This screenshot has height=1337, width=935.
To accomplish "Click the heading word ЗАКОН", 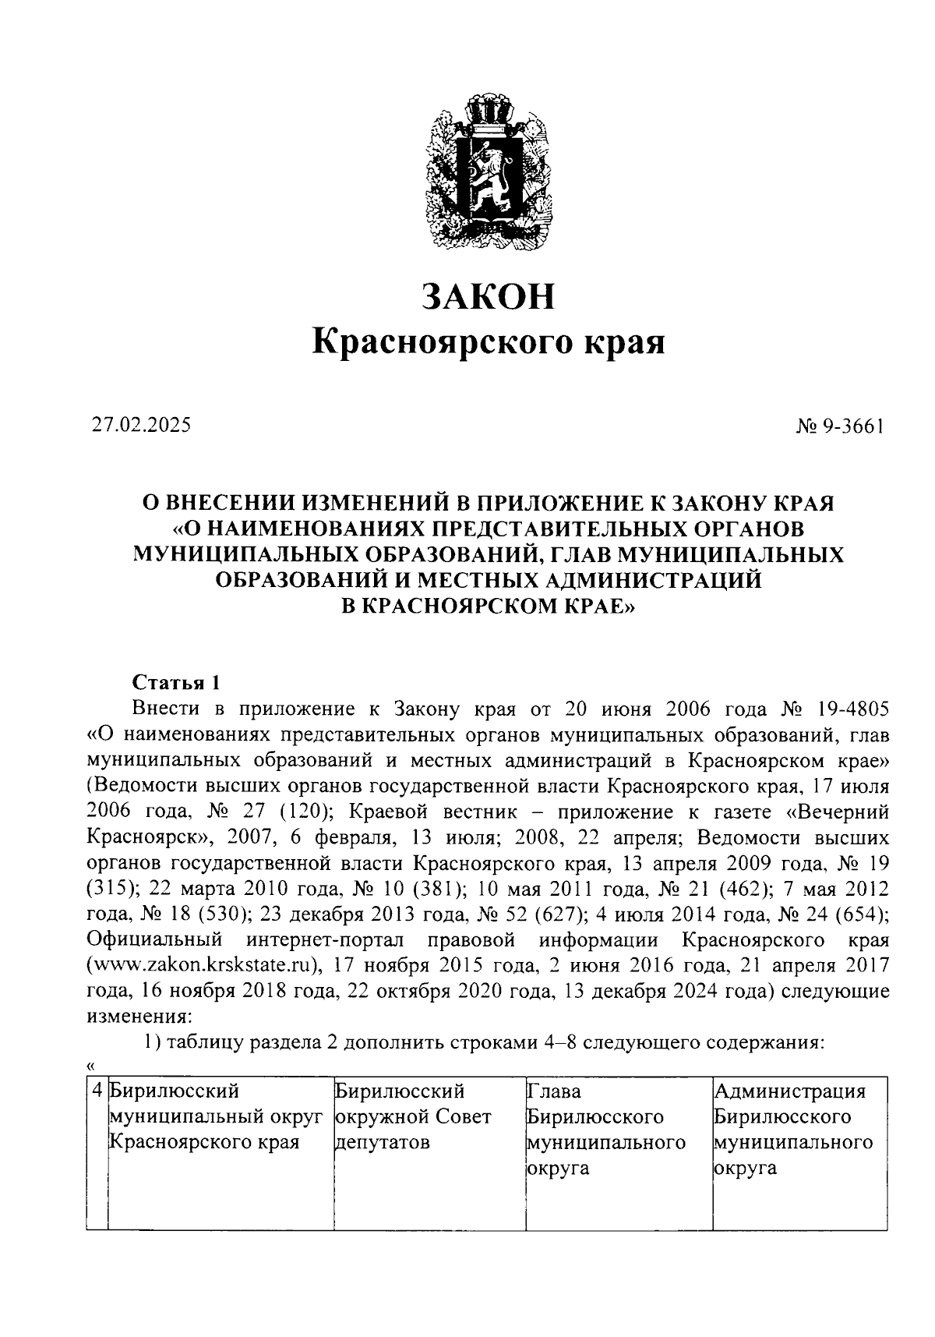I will pos(489,296).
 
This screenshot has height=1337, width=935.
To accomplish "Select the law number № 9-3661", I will pos(840,426).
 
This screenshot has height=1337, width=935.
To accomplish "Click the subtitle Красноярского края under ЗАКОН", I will pos(489,341).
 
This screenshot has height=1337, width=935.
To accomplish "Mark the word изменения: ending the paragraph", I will pos(137,1016).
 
